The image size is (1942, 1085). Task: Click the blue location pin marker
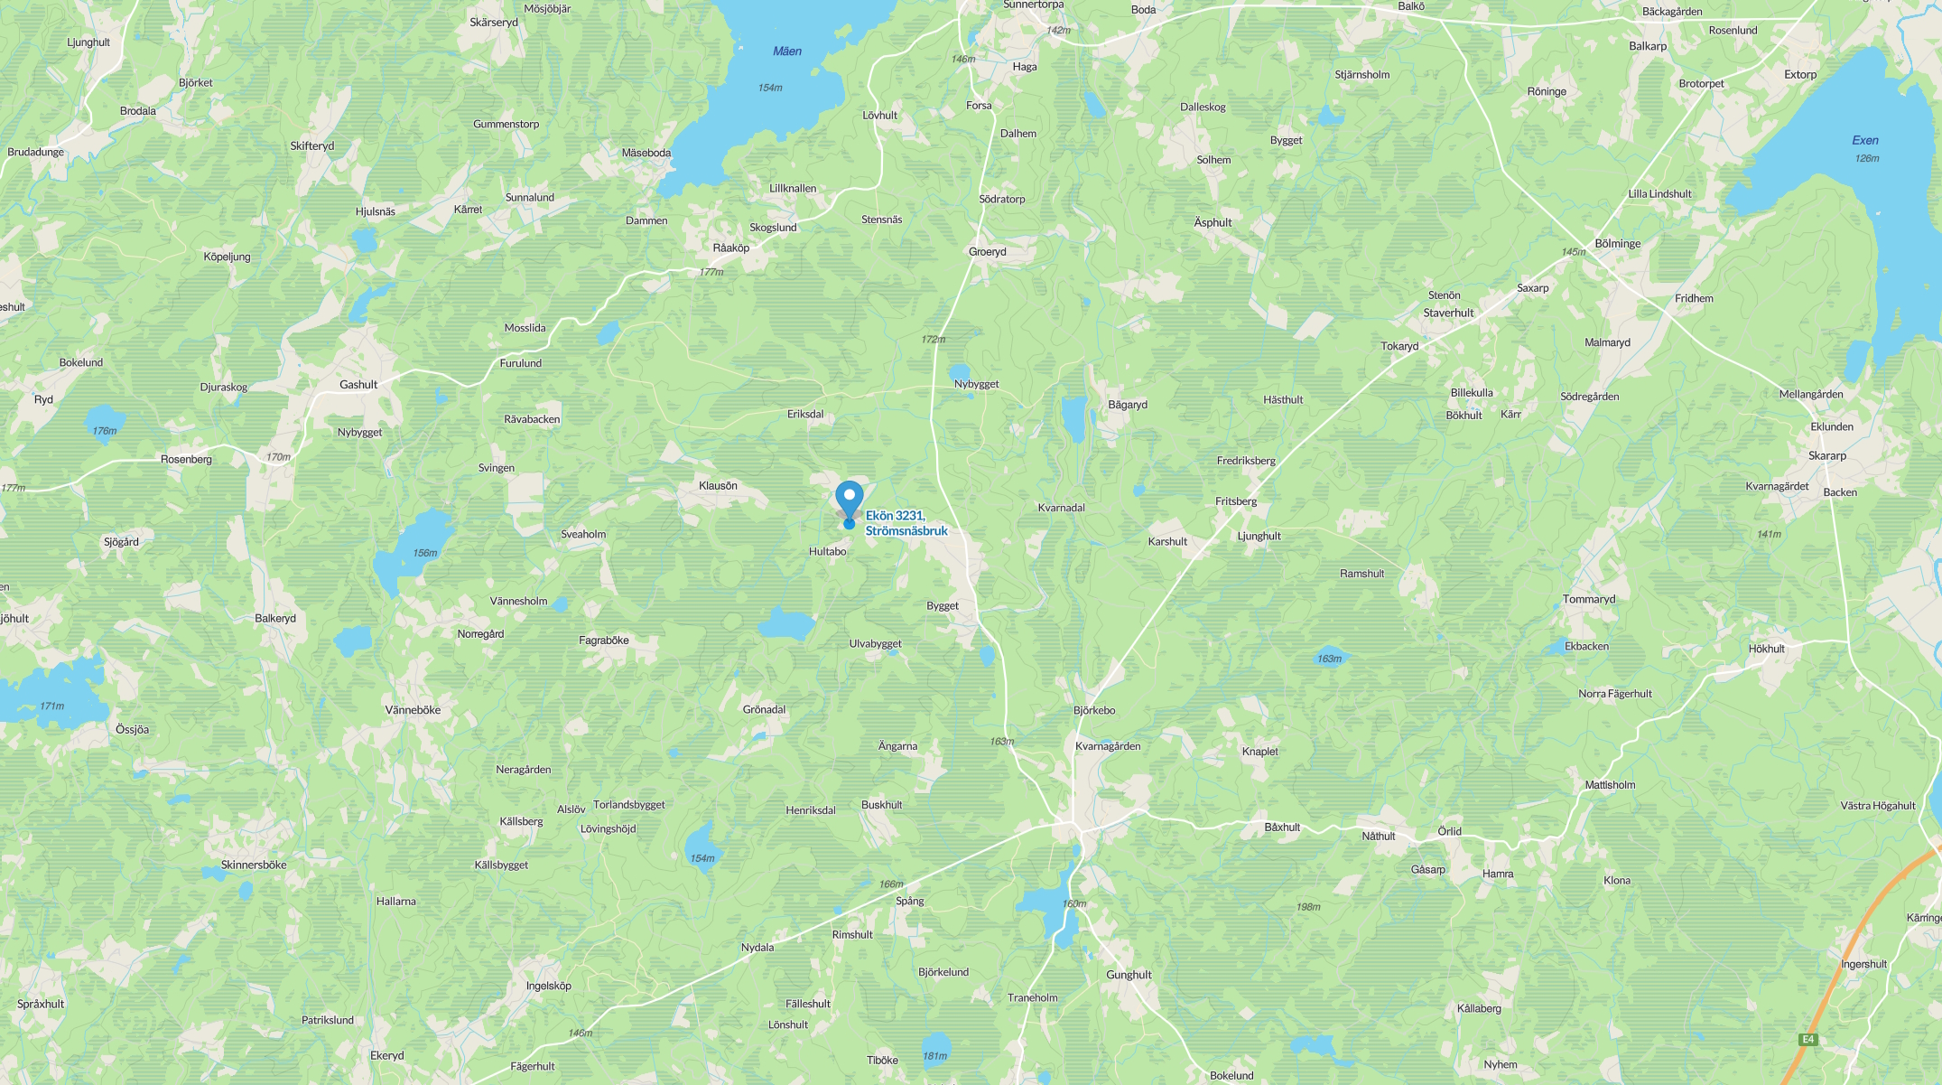click(849, 500)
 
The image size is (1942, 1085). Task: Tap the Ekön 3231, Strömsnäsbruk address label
click(906, 523)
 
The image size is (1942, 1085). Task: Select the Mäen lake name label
click(786, 51)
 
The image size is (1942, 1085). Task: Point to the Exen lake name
click(1864, 140)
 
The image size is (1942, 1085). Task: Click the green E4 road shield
click(1807, 1040)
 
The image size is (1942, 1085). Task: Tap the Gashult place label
click(358, 385)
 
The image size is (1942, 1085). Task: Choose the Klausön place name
click(718, 486)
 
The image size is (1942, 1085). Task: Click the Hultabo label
click(827, 552)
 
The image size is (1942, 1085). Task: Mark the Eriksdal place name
click(805, 415)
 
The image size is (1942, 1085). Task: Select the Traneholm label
click(1032, 998)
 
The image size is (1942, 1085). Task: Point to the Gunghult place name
click(1129, 975)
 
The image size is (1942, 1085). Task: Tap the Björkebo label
click(1094, 711)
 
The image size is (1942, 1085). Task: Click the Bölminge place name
click(1617, 244)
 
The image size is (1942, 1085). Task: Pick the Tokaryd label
click(1399, 347)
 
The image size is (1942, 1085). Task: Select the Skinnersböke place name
click(254, 865)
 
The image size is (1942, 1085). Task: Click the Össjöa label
click(133, 730)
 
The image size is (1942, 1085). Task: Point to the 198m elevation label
click(1307, 907)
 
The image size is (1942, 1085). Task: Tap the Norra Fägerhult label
click(1614, 695)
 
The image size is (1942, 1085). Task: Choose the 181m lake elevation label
click(934, 1056)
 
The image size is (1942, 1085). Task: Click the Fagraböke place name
click(603, 641)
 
